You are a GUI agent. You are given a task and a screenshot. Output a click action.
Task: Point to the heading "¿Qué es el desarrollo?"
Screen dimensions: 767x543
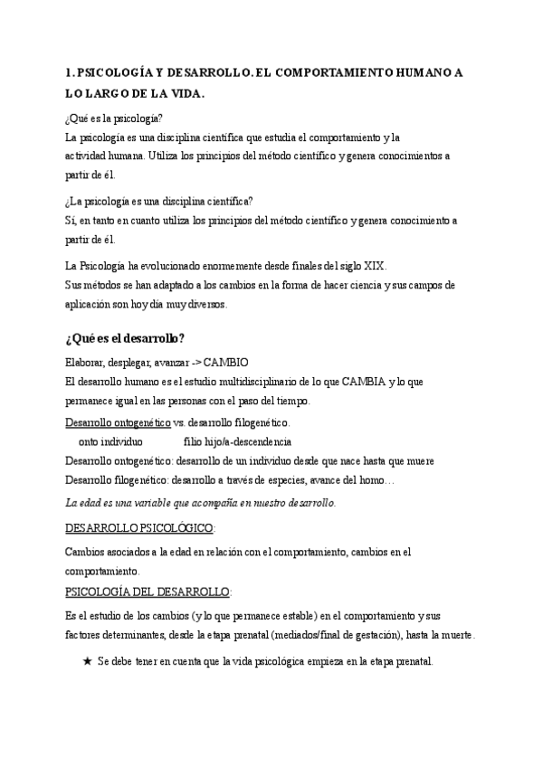[125, 339]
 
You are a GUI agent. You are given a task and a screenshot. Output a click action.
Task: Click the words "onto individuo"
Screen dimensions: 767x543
[110, 441]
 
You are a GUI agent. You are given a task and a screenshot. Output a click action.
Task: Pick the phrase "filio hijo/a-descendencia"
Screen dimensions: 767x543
[237, 441]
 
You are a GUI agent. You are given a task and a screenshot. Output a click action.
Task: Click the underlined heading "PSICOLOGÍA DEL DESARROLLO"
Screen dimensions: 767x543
[148, 592]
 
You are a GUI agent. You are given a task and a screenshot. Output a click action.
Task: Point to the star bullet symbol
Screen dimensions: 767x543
[88, 661]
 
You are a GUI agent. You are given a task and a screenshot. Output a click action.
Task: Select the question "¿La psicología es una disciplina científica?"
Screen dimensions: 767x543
[159, 201]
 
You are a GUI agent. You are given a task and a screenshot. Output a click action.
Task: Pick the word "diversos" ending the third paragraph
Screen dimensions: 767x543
[205, 304]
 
